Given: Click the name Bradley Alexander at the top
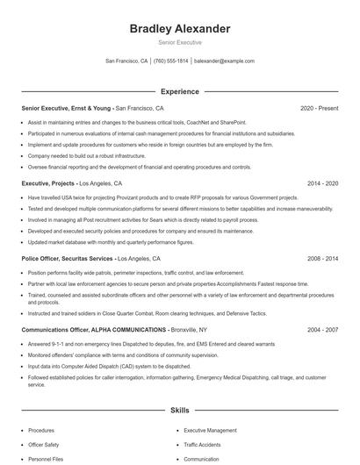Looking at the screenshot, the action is (x=179, y=29).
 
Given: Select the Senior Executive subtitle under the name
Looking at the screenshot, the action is (x=179, y=42).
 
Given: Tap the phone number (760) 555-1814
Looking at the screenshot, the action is (x=170, y=61).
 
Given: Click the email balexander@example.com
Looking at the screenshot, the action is (x=224, y=61).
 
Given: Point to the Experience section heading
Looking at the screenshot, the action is (x=179, y=90).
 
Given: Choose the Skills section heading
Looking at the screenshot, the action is (x=179, y=410).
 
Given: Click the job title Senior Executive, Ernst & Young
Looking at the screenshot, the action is (x=67, y=108).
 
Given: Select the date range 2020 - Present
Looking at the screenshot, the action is (x=319, y=108).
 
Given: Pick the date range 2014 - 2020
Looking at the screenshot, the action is (x=322, y=184).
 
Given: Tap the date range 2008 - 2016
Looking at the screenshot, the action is (x=322, y=260).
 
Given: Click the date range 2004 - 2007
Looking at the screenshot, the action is (x=322, y=329).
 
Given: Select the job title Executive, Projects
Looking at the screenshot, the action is (x=48, y=184).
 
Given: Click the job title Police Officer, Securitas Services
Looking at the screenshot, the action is (x=68, y=260).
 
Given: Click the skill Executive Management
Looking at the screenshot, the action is (x=210, y=431).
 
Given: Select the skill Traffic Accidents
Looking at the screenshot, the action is (x=204, y=445).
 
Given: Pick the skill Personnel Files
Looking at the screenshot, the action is (x=47, y=459).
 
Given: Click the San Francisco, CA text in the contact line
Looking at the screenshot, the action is (x=126, y=61).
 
